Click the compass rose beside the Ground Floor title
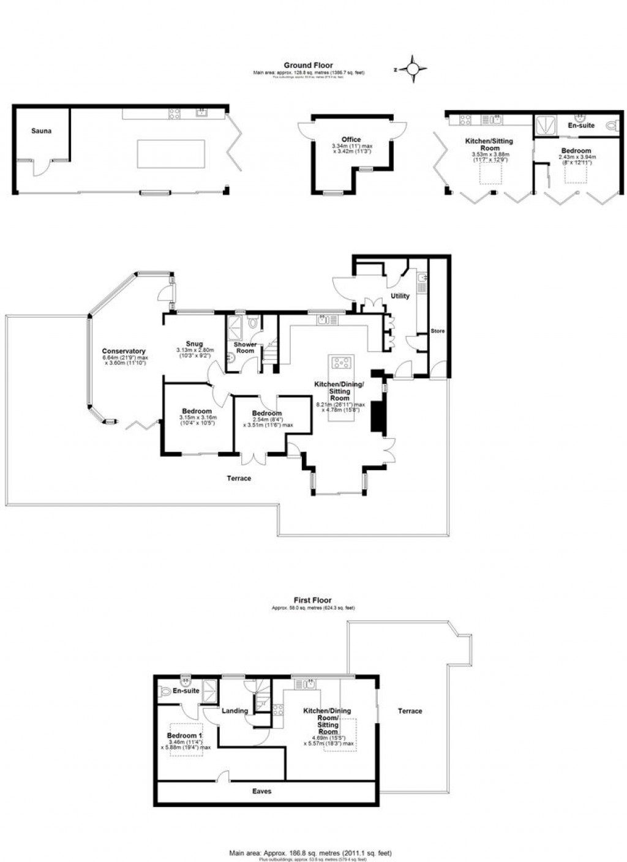[413, 69]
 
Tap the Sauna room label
[42, 131]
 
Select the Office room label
[351, 140]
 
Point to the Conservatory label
[124, 351]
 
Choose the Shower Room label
[246, 348]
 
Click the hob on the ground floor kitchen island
[341, 362]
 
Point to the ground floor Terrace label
[239, 478]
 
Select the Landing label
[235, 711]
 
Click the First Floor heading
[313, 600]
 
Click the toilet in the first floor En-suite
[165, 692]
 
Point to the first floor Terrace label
[410, 711]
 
